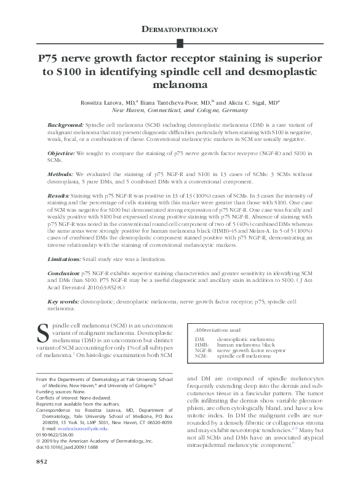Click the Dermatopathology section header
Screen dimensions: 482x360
coord(180,29)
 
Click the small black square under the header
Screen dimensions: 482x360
coord(180,43)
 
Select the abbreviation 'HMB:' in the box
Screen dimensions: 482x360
coord(202,345)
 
